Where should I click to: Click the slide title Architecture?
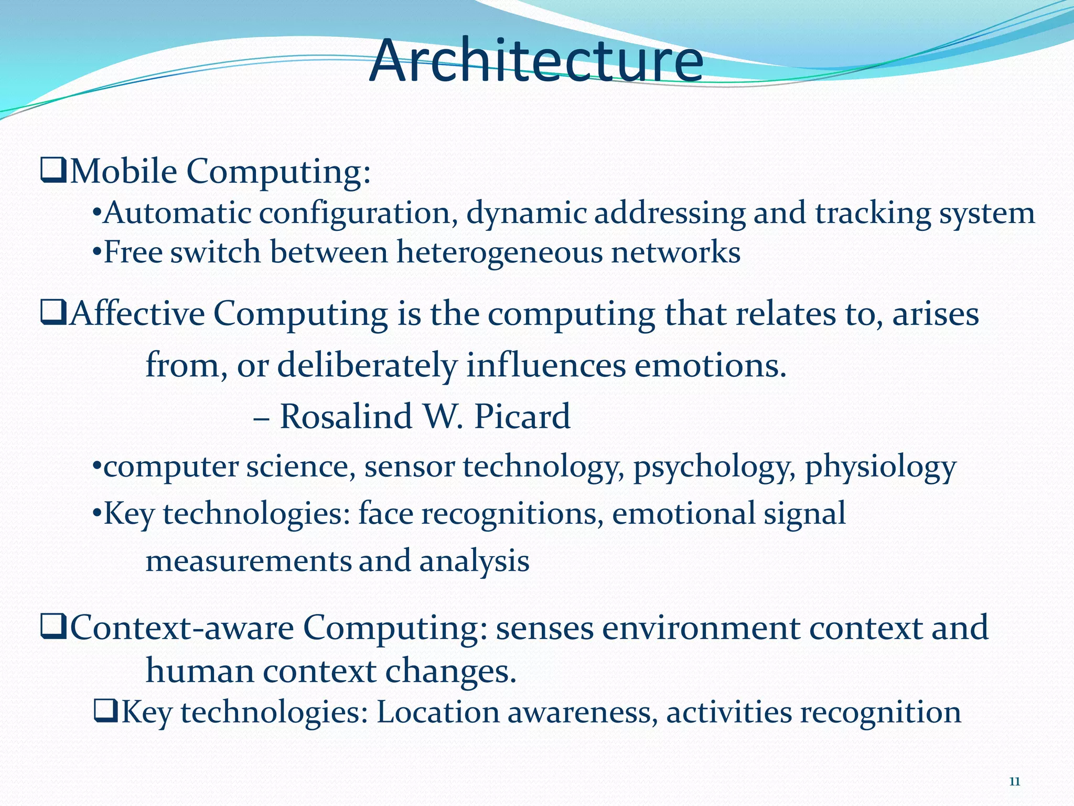point(536,61)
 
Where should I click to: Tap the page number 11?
point(1015,781)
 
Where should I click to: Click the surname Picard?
point(522,417)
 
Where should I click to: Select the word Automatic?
point(177,214)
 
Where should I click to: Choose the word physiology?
point(880,467)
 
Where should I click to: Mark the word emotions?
point(711,365)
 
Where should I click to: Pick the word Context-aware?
point(181,628)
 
